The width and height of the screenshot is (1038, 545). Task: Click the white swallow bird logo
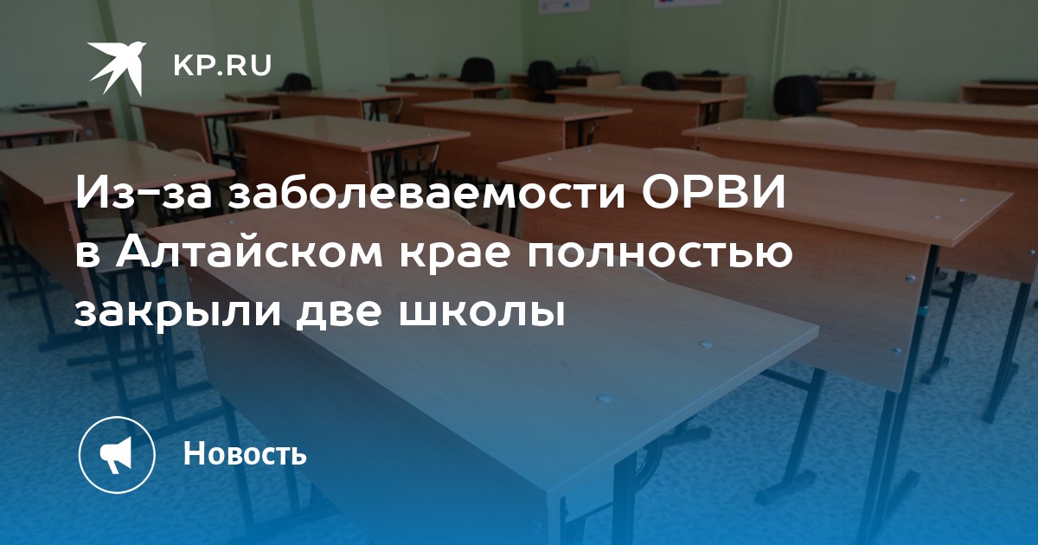tap(116, 67)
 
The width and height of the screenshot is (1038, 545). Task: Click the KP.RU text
tap(222, 66)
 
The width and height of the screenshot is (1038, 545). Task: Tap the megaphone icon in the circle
tap(116, 455)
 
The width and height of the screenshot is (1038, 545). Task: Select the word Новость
tap(245, 453)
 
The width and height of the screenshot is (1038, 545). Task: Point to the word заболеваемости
tap(425, 194)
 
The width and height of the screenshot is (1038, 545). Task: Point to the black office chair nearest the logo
tap(298, 82)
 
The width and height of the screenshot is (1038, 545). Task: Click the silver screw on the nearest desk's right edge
tap(705, 344)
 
